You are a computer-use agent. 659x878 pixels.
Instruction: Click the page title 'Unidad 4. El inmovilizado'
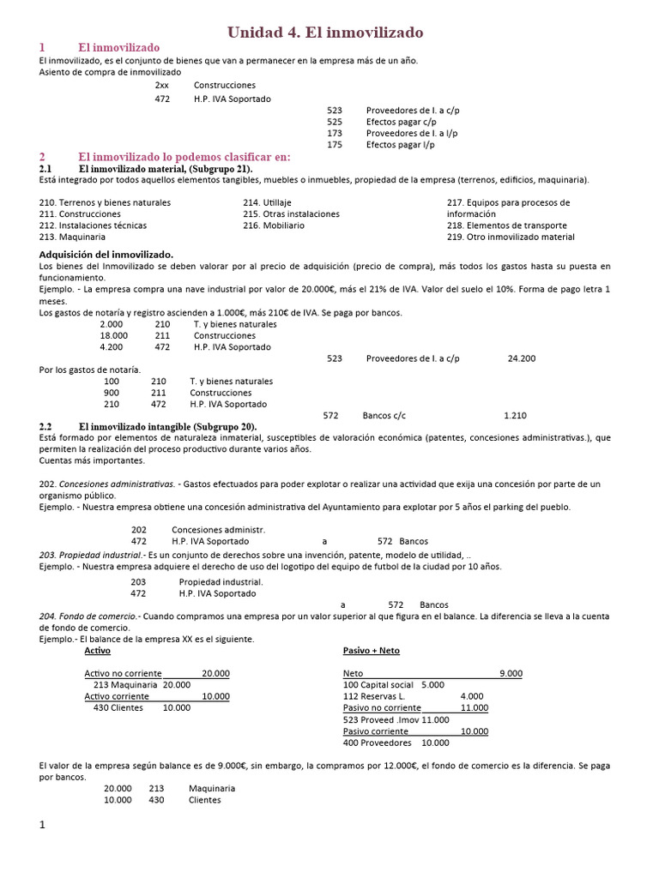pos(325,33)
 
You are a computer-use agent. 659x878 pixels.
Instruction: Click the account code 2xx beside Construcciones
pos(162,86)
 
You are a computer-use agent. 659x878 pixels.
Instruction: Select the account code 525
pos(335,122)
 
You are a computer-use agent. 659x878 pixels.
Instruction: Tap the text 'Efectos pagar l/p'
pos(401,145)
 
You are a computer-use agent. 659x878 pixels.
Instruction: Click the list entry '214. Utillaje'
pos(267,202)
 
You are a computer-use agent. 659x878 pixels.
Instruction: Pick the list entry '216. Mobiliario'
pos(273,226)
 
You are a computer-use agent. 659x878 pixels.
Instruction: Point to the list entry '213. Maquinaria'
pos(73,237)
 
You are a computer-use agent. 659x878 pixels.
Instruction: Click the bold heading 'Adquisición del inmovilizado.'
pos(106,255)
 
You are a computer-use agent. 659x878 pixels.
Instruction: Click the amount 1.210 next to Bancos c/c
pos(515,415)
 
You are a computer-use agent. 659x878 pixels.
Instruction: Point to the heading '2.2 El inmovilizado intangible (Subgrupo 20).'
pos(148,426)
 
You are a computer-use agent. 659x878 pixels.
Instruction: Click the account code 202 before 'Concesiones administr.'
pos(139,530)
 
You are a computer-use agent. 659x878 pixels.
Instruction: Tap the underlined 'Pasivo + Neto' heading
pos(371,651)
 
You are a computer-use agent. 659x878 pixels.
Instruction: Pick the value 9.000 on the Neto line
pos(511,673)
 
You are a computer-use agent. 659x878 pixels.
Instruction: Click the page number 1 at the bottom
pos(41,825)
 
